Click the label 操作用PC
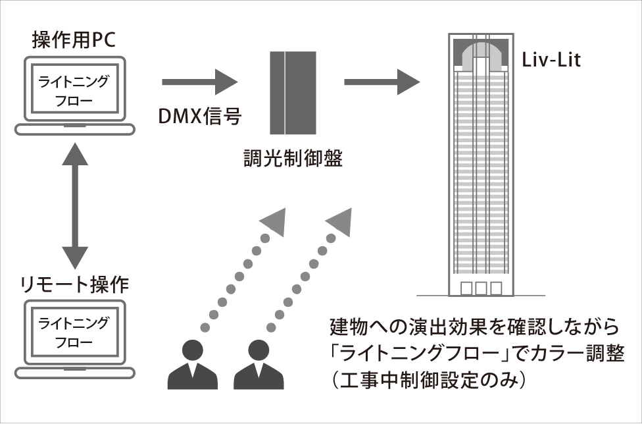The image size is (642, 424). pos(73,40)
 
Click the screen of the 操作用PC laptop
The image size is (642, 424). pos(72,92)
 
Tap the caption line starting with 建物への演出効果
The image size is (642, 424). pos(474,327)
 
